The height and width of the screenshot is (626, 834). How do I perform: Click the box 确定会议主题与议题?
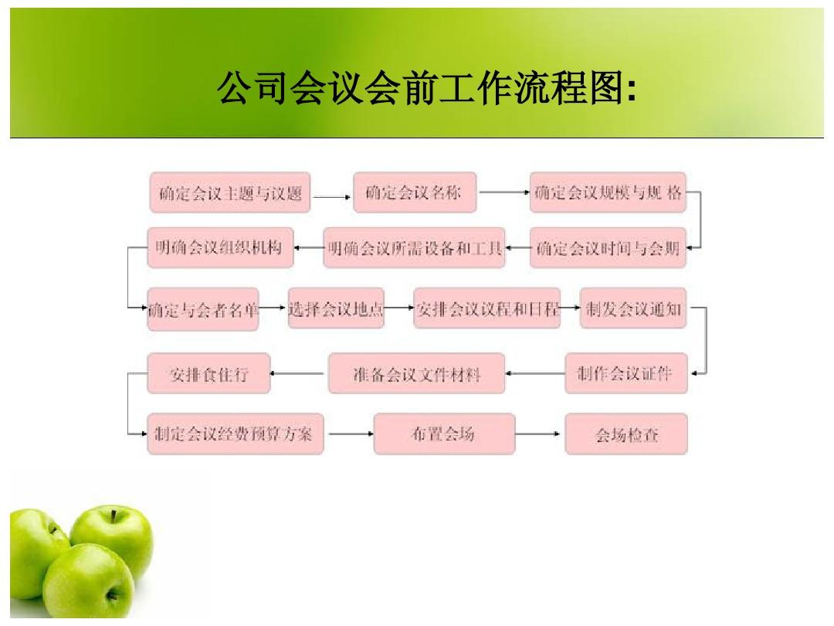230,192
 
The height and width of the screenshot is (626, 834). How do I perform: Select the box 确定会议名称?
415,192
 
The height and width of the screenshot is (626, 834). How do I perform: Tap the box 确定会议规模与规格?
608,192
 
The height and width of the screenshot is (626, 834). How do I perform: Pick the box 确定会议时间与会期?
608,248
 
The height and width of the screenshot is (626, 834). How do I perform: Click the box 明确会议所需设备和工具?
414,248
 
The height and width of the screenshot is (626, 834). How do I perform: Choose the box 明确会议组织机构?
220,248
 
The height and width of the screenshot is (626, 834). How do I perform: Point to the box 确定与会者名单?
202,309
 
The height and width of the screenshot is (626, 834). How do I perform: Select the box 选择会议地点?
336,308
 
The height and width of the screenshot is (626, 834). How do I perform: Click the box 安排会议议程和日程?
486,308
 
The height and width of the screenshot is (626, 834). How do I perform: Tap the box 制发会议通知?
633,308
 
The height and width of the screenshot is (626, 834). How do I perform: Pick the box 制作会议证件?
626,374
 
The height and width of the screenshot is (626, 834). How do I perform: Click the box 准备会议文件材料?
416,374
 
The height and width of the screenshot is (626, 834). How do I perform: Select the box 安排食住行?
208,374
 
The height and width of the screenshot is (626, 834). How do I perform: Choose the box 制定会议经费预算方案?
235,434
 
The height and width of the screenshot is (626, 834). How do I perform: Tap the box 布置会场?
444,434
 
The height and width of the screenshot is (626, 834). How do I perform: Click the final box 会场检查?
626,434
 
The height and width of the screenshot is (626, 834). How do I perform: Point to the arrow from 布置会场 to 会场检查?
537,434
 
